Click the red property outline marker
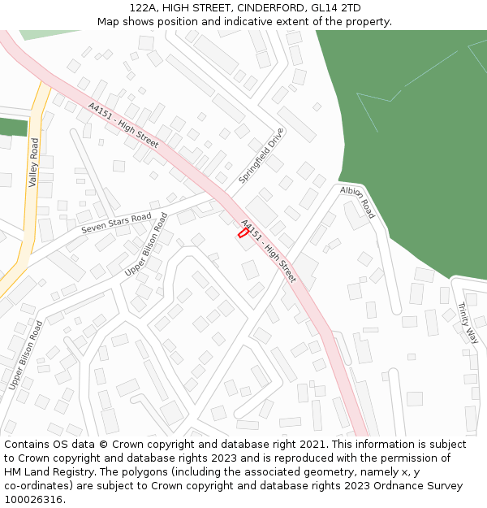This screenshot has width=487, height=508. pyautogui.click(x=243, y=232)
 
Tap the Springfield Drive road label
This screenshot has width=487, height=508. pyautogui.click(x=261, y=154)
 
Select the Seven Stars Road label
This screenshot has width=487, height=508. pyautogui.click(x=116, y=224)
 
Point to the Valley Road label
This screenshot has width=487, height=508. pyautogui.click(x=33, y=163)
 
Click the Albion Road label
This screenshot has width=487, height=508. pyautogui.click(x=358, y=202)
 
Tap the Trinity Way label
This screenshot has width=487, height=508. pyautogui.click(x=468, y=323)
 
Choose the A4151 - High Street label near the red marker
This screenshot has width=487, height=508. pyautogui.click(x=269, y=251)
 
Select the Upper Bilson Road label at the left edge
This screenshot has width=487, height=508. pyautogui.click(x=25, y=354)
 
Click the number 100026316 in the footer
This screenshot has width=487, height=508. pyautogui.click(x=33, y=499)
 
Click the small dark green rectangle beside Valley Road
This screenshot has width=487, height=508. pyautogui.click(x=13, y=127)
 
